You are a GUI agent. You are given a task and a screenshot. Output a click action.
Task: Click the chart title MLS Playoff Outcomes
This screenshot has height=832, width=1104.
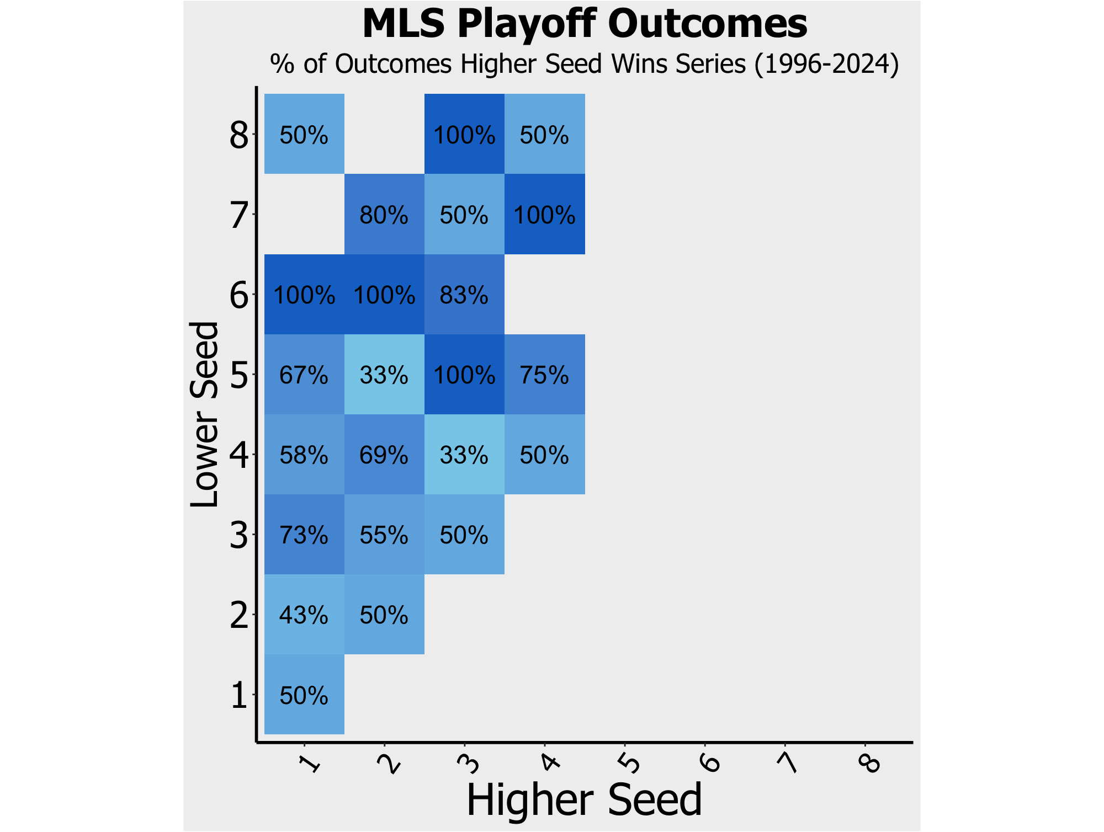(585, 24)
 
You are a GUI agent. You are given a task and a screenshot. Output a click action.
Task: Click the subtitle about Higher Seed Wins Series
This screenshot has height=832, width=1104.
(585, 64)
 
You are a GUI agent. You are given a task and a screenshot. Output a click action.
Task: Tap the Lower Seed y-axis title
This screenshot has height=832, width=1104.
(204, 414)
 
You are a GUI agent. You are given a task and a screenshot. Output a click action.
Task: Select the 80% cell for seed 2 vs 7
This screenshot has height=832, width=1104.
(384, 215)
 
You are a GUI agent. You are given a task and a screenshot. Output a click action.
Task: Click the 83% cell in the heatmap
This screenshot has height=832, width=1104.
(464, 295)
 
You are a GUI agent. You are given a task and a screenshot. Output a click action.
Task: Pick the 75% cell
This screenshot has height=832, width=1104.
(544, 375)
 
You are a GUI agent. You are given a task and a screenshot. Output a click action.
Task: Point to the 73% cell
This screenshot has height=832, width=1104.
(304, 535)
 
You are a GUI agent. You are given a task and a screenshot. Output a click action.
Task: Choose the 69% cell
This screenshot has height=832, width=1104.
(384, 455)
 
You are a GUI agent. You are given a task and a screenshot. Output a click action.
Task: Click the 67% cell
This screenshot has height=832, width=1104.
(304, 375)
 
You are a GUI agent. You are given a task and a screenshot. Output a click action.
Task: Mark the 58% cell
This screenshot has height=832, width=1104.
(304, 455)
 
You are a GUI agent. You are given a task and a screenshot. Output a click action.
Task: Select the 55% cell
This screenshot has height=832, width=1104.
(384, 535)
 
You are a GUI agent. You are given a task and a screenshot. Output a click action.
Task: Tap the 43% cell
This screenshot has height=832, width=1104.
(304, 615)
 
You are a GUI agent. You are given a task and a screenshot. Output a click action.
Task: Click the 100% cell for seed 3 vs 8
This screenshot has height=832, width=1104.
(464, 135)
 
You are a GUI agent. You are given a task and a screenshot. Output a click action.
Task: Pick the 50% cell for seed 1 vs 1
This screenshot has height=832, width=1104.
(304, 695)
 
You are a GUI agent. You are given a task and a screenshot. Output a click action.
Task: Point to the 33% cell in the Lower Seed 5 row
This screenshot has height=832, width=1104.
(384, 375)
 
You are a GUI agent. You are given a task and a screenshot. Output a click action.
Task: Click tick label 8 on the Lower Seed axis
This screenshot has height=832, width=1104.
(239, 135)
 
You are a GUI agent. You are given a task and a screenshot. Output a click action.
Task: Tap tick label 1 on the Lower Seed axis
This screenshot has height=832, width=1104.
(239, 695)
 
